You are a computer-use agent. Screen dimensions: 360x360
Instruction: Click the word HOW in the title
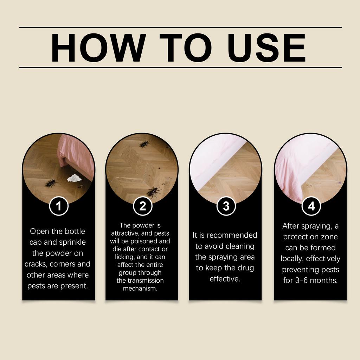[x=98, y=47]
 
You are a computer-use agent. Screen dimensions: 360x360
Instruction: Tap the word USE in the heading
[x=266, y=47]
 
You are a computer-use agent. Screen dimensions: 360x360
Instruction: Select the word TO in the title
[x=186, y=47]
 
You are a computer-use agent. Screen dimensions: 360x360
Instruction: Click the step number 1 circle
[x=59, y=206]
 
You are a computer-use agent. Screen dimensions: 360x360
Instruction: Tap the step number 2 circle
[x=143, y=206]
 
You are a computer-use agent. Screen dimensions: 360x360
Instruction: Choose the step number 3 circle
[x=226, y=206]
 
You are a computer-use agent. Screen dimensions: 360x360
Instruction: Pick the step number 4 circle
[x=311, y=206]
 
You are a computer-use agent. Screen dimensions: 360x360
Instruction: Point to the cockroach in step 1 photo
[x=51, y=183]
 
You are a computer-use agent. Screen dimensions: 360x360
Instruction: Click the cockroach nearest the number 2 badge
[x=153, y=192]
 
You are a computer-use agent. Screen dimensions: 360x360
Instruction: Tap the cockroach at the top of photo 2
[x=144, y=144]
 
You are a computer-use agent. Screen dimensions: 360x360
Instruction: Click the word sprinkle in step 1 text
[x=72, y=243]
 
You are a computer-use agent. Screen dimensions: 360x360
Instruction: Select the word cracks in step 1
[x=36, y=264]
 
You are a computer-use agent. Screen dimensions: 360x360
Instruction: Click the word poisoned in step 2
[x=144, y=241]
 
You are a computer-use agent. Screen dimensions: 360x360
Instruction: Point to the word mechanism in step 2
[x=140, y=288]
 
